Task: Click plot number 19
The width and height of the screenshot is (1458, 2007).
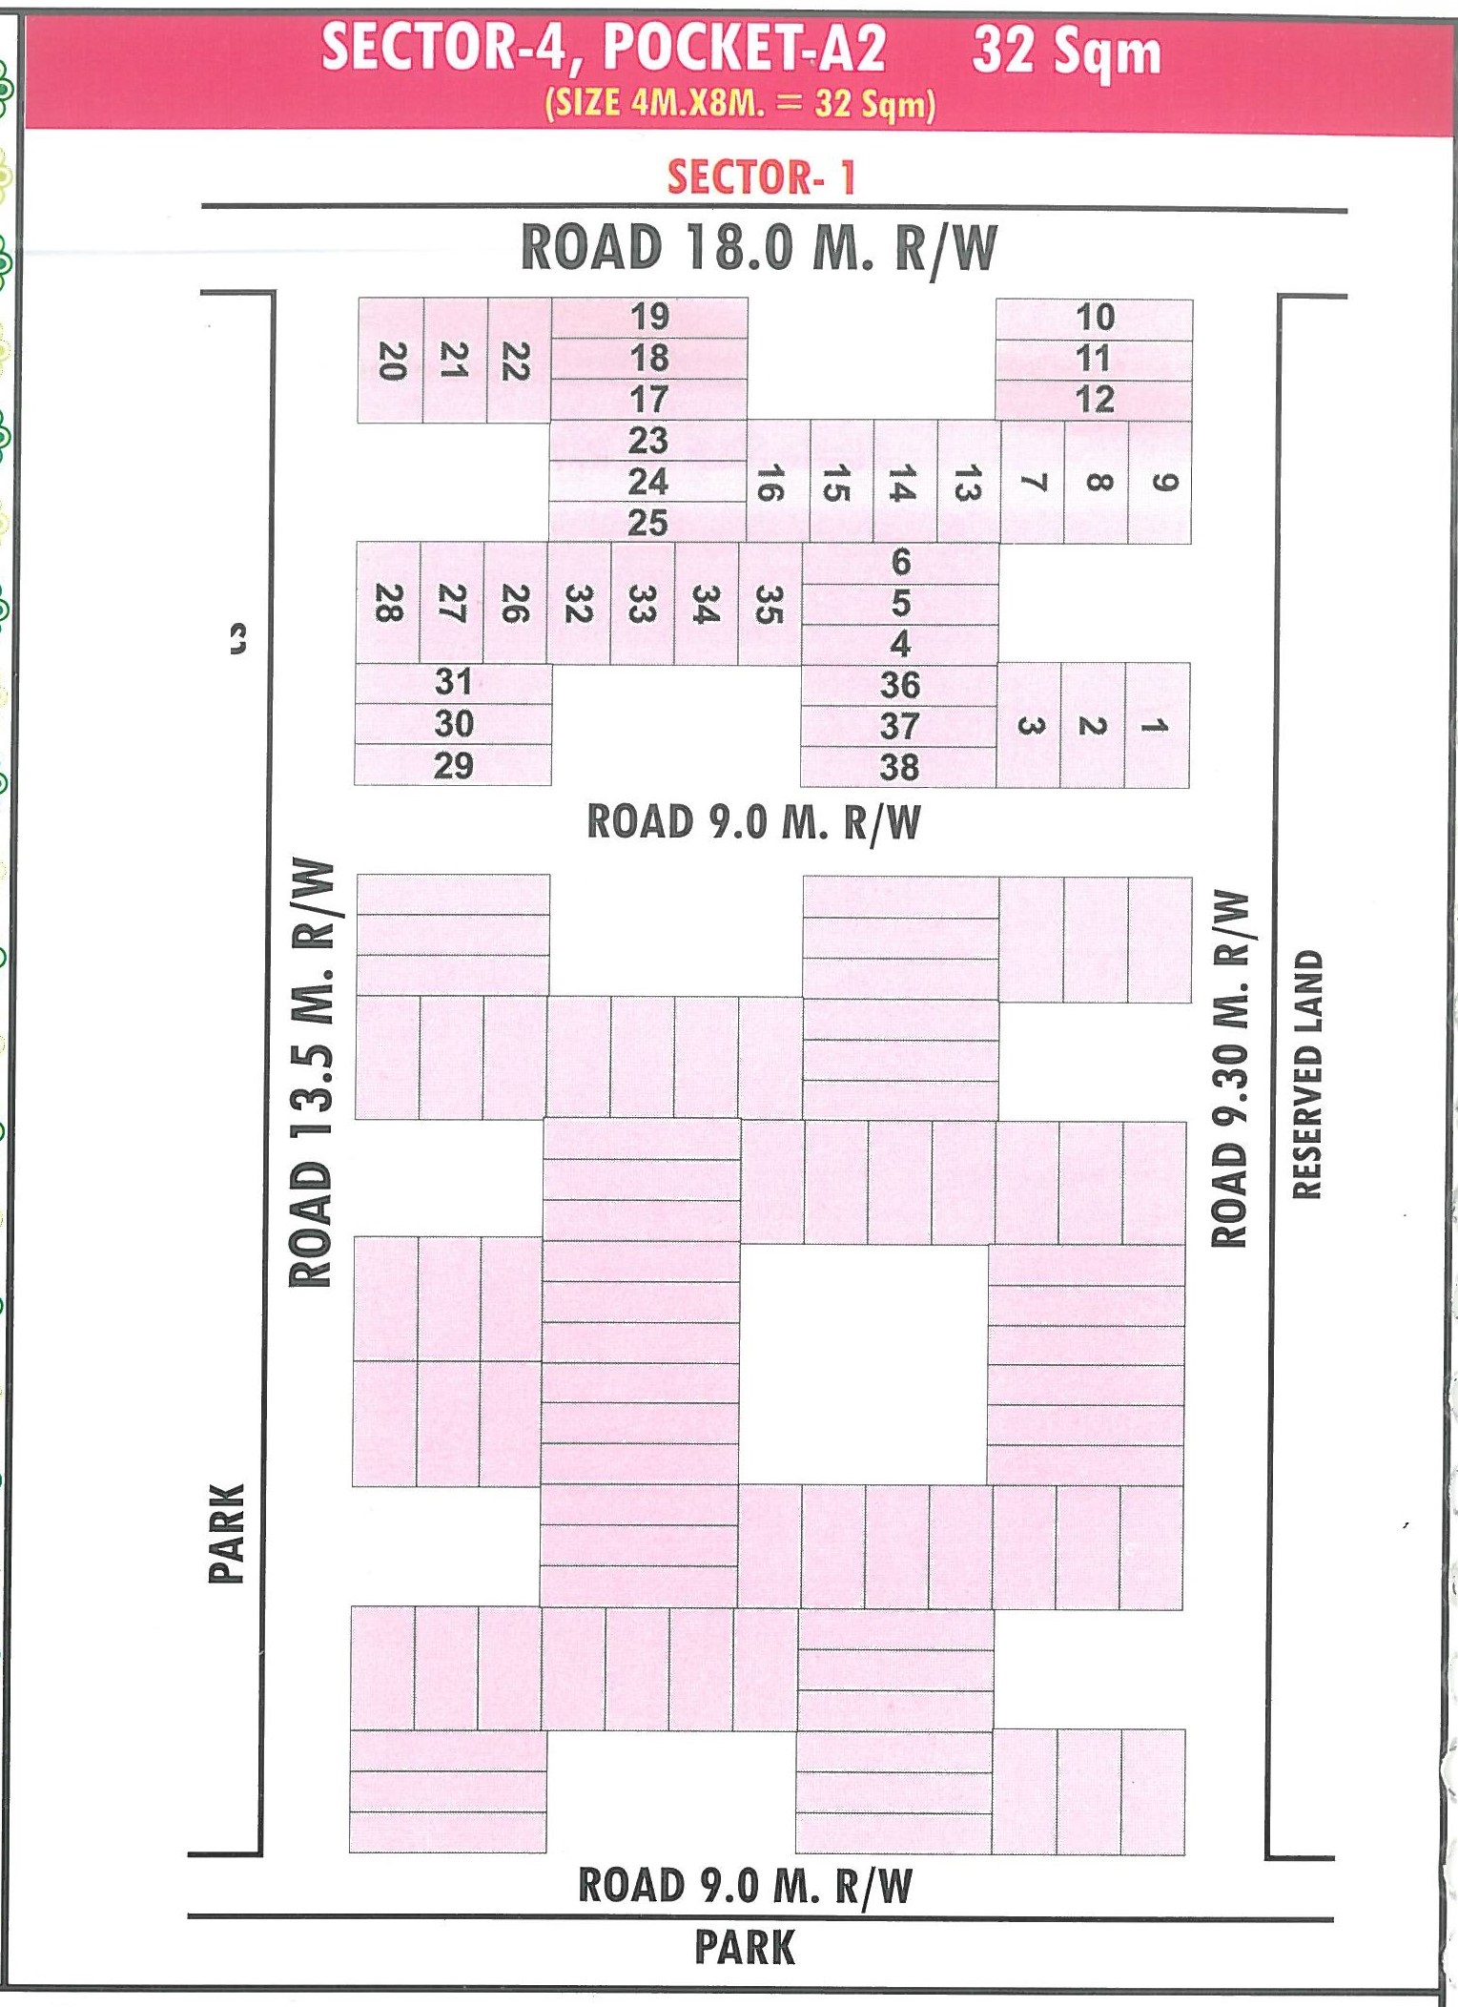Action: pyautogui.click(x=649, y=317)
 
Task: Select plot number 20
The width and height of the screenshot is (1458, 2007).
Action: pyautogui.click(x=391, y=361)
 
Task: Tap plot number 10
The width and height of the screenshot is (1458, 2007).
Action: pyautogui.click(x=1095, y=318)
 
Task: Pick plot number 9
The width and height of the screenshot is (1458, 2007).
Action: pyautogui.click(x=1160, y=483)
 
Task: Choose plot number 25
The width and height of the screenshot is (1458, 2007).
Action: pyautogui.click(x=647, y=523)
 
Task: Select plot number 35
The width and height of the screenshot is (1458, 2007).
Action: pyautogui.click(x=769, y=604)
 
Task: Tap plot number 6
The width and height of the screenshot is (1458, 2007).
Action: pyautogui.click(x=900, y=562)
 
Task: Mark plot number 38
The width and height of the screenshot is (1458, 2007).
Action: pyautogui.click(x=899, y=767)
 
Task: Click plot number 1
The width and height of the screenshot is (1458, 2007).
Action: pyautogui.click(x=1157, y=726)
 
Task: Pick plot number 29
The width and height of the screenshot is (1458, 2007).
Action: pyautogui.click(x=453, y=765)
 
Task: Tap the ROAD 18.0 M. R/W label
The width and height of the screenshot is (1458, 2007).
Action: pyautogui.click(x=759, y=248)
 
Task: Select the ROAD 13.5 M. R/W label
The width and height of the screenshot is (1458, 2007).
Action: pyautogui.click(x=312, y=1073)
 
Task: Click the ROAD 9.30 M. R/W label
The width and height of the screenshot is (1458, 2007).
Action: pyautogui.click(x=1229, y=1068)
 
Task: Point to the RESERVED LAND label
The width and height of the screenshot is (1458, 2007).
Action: pyautogui.click(x=1307, y=1073)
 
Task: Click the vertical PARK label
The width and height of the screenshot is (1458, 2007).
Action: pyautogui.click(x=227, y=1533)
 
